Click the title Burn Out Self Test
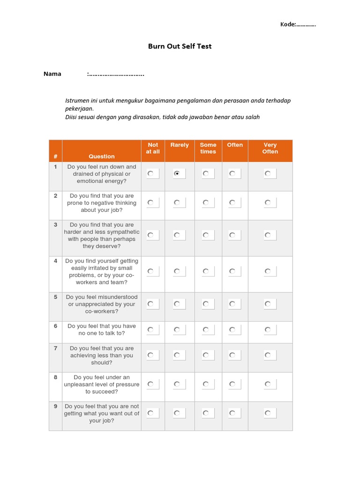(180, 46)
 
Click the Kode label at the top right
(287, 24)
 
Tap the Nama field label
(52, 74)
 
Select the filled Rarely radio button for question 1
(176, 173)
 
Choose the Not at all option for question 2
(150, 202)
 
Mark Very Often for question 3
(267, 235)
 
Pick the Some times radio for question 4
(205, 271)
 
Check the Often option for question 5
(232, 304)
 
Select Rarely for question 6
(176, 330)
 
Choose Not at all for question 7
(150, 355)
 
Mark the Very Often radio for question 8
(267, 384)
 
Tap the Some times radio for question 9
(205, 413)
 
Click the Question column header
(101, 156)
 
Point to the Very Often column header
(270, 148)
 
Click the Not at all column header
(153, 148)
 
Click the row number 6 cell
(55, 326)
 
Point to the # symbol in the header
(55, 156)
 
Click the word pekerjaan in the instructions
(79, 109)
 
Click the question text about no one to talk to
(101, 330)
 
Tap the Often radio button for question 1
(232, 173)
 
